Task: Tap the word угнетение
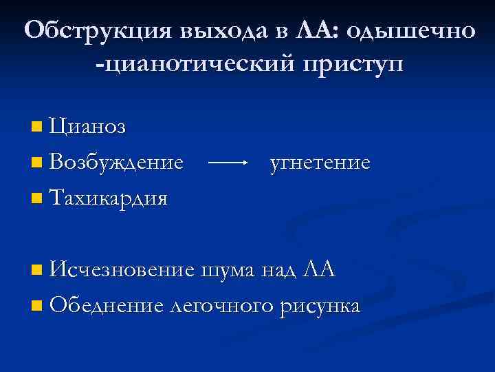coord(320,163)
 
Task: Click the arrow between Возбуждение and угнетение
coord(228,163)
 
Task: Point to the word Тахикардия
coord(109,198)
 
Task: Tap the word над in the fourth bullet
coord(280,269)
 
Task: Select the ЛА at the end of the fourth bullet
coord(319,269)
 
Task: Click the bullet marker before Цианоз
coord(36,127)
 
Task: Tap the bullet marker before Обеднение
coord(36,305)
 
